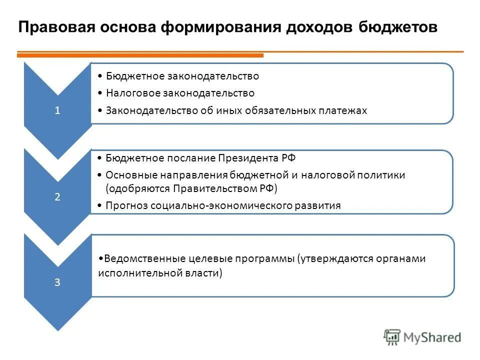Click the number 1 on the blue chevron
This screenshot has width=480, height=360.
57,111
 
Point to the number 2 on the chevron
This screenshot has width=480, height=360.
57,197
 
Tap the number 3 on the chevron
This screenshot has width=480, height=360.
57,282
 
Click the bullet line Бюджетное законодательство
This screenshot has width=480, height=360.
182,76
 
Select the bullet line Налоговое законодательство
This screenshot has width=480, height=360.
180,93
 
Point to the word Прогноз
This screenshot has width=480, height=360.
123,205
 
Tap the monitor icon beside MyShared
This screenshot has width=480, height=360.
392,337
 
